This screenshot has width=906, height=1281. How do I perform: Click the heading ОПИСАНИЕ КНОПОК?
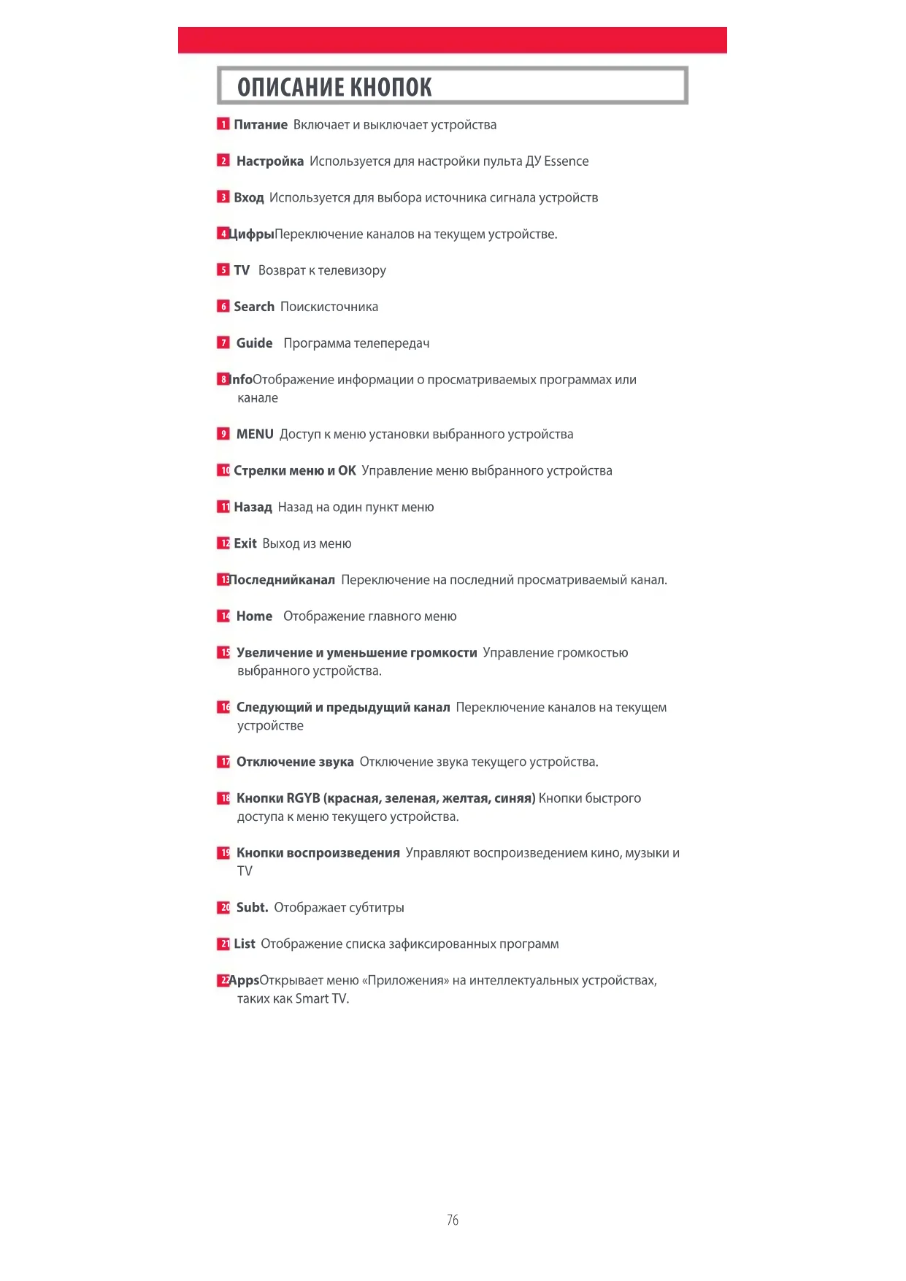pos(334,88)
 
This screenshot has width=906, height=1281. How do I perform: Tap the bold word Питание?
pos(261,125)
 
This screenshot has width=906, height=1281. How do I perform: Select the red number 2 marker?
pos(223,161)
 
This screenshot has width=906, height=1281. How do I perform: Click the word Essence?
pos(566,161)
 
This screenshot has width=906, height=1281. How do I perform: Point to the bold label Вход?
pos(248,198)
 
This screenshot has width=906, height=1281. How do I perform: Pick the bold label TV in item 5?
pos(242,270)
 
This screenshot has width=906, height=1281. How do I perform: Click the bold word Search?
pos(254,307)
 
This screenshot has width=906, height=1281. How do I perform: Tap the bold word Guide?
pos(254,343)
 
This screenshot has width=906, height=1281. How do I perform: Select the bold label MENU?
pos(255,435)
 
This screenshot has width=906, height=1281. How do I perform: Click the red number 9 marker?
pos(223,434)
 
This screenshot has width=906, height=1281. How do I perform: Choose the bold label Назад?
pos(253,508)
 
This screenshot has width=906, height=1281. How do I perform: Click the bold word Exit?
pos(245,543)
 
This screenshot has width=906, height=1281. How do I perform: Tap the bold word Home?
pos(254,616)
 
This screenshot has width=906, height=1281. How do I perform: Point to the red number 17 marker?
pos(223,762)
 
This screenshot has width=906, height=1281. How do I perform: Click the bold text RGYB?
pos(303,798)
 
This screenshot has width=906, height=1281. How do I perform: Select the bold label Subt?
pos(252,908)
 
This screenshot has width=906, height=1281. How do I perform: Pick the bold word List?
pos(245,944)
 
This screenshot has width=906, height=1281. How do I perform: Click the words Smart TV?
pos(321,999)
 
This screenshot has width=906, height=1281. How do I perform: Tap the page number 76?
pos(453,1220)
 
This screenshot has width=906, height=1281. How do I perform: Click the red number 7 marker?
pos(223,343)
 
